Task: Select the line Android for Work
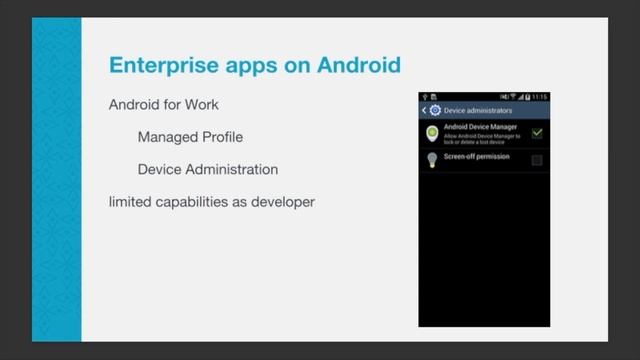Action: tap(163, 104)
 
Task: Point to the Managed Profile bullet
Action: tap(190, 136)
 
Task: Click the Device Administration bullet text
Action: tap(207, 169)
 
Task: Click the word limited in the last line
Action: tap(130, 202)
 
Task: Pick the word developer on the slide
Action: tap(285, 202)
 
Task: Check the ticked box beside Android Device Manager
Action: tap(537, 132)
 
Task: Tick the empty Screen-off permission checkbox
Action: tap(537, 160)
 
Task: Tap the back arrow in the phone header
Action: tap(424, 110)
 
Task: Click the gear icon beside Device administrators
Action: tap(435, 110)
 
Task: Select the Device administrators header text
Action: tap(477, 110)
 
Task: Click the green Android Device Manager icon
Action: tap(432, 133)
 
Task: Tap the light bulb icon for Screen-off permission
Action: tap(432, 160)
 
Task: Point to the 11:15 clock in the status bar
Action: tap(539, 97)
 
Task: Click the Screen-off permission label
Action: tap(476, 157)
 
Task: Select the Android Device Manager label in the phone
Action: tap(481, 127)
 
